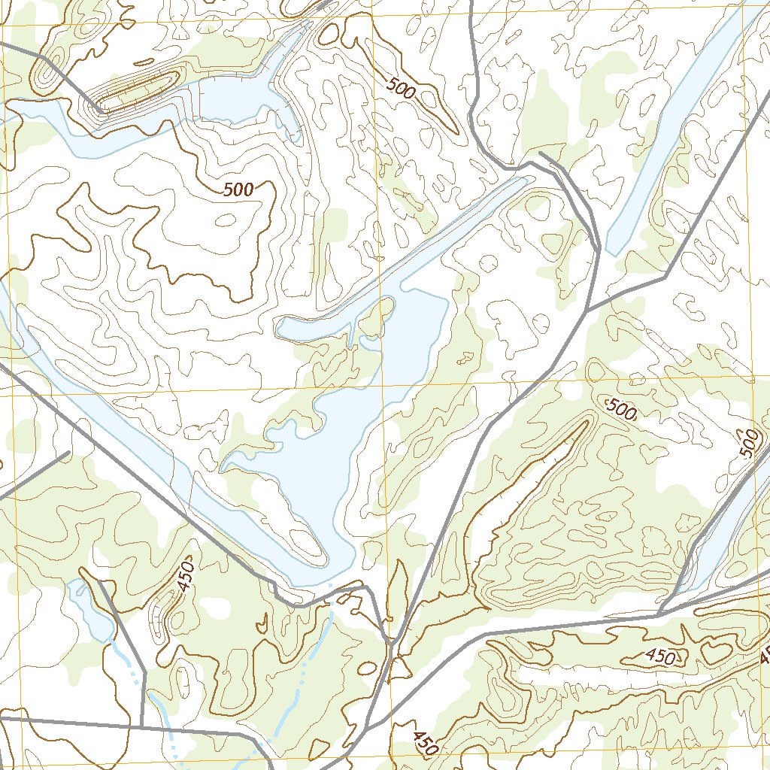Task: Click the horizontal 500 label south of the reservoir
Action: tap(238, 190)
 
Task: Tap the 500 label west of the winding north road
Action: tap(401, 89)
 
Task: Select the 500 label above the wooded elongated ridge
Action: tap(621, 410)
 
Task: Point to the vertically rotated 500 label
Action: tap(749, 443)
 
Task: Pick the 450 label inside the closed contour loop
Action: tap(659, 656)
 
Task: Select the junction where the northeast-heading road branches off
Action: tap(587, 311)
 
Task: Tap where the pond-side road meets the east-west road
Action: tap(142, 726)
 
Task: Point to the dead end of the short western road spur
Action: tap(69, 453)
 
